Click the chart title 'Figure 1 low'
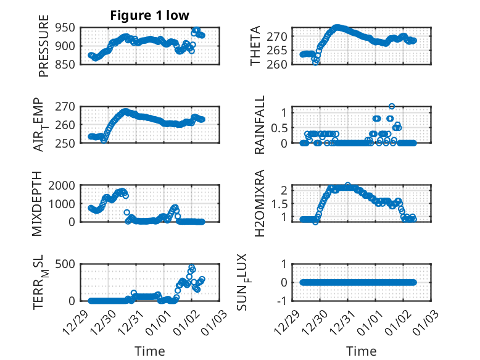[x=150, y=15]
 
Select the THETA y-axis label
[x=255, y=46]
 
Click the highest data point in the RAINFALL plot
[x=392, y=106]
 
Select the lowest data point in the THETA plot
[x=316, y=62]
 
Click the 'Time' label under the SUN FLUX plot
[x=361, y=351]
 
